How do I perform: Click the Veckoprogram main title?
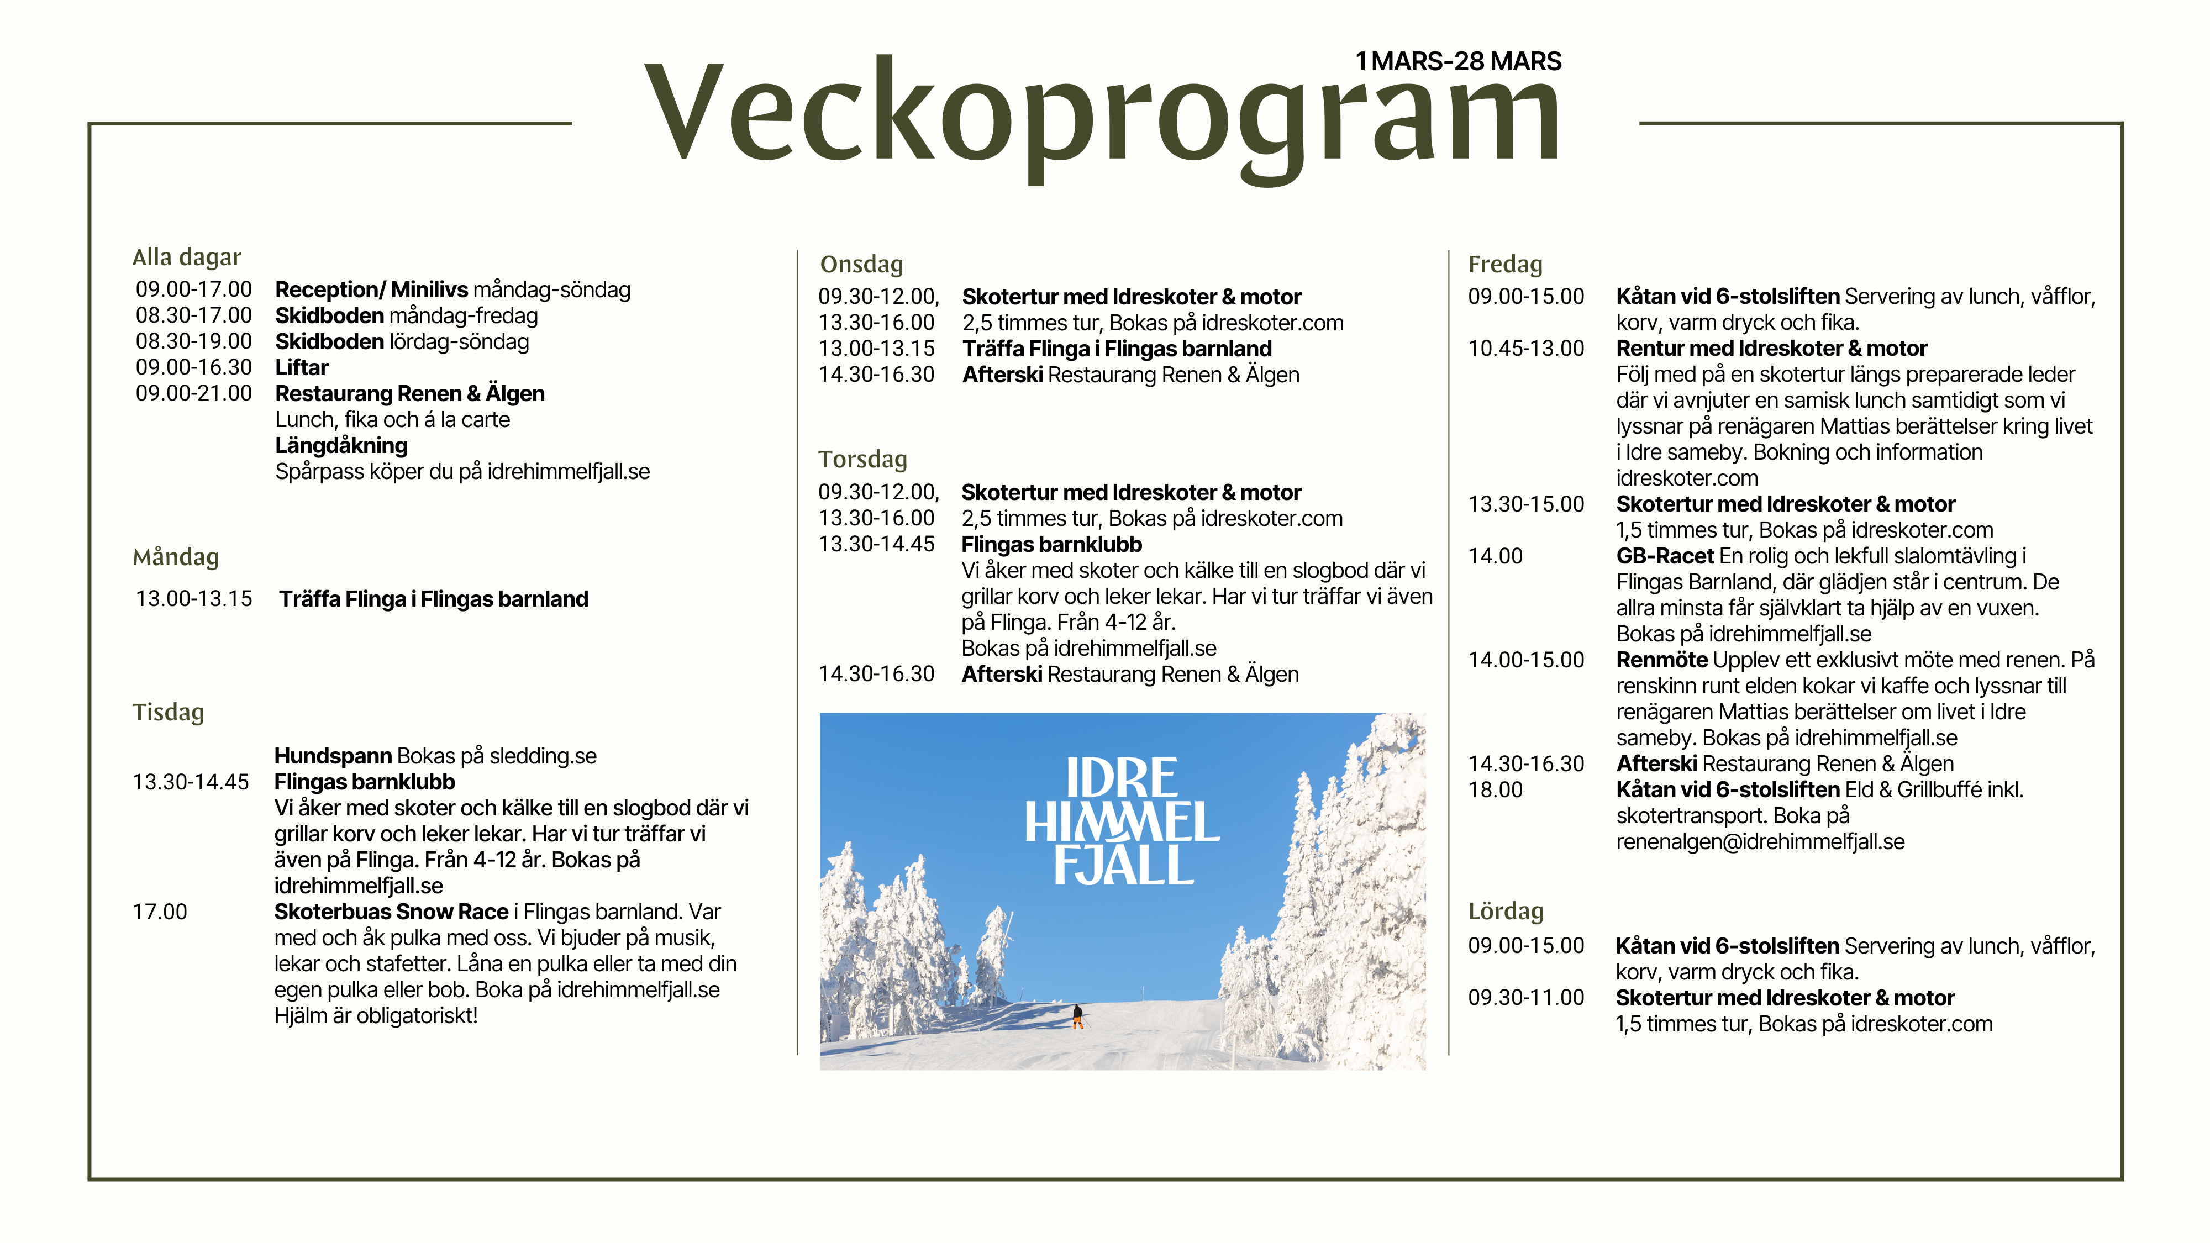click(1102, 116)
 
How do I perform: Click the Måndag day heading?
click(175, 557)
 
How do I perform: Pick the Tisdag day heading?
click(168, 713)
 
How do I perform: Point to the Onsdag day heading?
click(861, 264)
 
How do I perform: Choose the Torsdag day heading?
click(862, 460)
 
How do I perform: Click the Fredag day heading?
click(1505, 264)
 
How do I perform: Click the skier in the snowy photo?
click(1077, 1016)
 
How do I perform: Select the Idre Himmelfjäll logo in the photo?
click(1122, 821)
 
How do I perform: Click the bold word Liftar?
click(301, 368)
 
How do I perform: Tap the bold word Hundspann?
click(333, 757)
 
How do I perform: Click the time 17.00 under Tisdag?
click(160, 912)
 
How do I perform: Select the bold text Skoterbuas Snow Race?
click(391, 912)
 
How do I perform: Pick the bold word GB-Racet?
click(1664, 557)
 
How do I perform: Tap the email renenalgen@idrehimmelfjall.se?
click(1760, 842)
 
